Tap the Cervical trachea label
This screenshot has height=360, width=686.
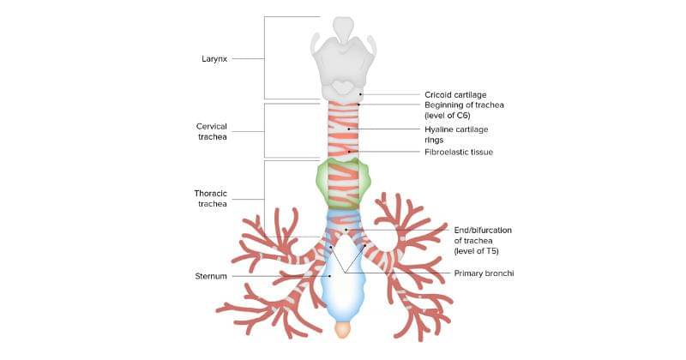click(211, 131)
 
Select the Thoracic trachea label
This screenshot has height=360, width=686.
click(210, 198)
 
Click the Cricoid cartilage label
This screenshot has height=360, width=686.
click(455, 94)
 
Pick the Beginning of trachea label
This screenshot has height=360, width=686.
click(464, 109)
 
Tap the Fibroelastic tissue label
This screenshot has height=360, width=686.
click(459, 152)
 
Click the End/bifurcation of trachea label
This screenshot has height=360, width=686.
click(475, 239)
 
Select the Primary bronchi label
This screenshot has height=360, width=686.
click(483, 273)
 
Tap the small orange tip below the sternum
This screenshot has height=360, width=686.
click(342, 329)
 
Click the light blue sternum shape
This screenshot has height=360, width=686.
click(343, 296)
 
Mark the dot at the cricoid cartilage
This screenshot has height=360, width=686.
click(361, 94)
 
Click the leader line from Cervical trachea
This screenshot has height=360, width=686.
click(249, 131)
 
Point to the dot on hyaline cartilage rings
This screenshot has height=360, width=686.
click(349, 129)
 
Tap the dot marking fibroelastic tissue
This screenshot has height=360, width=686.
click(349, 152)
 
